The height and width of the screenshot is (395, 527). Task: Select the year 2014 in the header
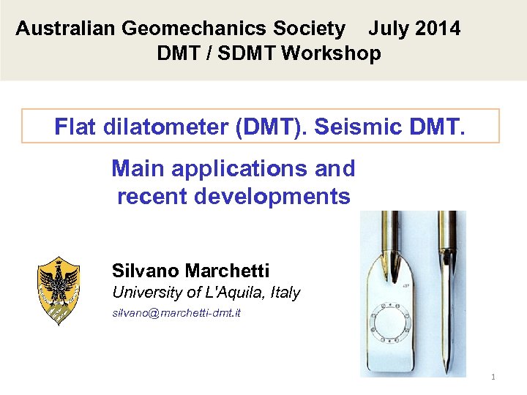[438, 29]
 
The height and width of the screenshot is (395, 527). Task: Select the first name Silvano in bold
[146, 271]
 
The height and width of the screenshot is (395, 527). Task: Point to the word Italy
[285, 293]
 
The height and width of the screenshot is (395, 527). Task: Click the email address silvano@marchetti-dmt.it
[176, 313]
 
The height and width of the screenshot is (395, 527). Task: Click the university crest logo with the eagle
[58, 290]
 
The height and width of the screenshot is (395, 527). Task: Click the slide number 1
[493, 377]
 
